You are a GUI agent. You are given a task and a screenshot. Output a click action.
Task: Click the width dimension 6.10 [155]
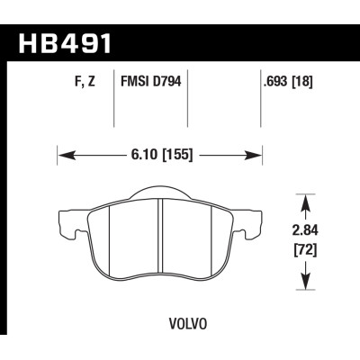[158, 155]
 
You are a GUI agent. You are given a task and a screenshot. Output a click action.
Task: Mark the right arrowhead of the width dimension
[254, 155]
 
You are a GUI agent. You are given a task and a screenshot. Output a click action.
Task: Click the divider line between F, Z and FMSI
[113, 103]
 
